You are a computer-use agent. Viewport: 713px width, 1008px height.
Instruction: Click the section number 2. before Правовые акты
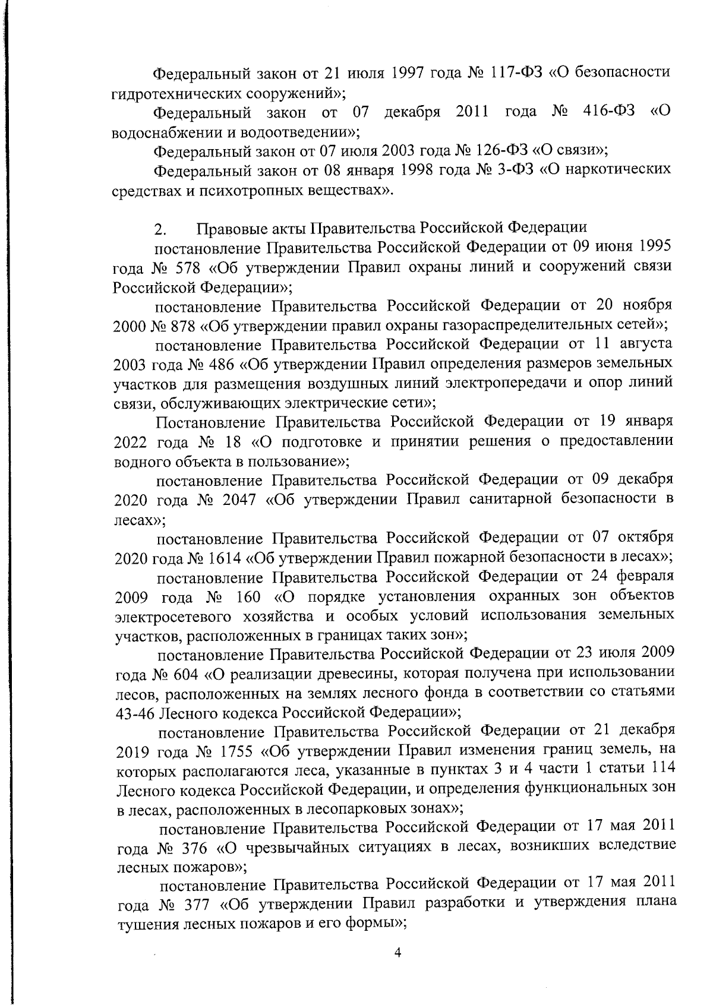(160, 228)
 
